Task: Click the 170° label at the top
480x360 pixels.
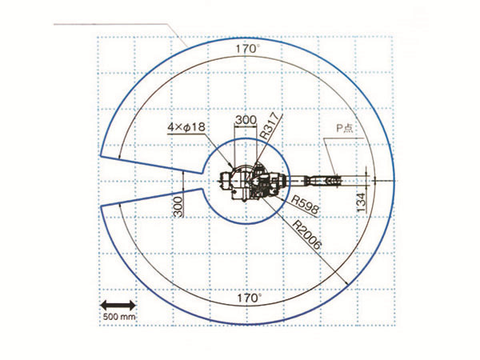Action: point(248,49)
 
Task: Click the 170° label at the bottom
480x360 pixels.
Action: point(249,298)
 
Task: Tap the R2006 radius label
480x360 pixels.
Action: point(307,235)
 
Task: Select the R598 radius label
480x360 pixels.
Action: point(305,206)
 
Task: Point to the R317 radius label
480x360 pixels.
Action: point(270,127)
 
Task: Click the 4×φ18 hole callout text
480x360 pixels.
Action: point(186,126)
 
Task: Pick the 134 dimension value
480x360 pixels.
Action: point(362,202)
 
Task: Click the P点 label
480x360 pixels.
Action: point(345,128)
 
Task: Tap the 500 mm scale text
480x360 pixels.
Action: point(119,317)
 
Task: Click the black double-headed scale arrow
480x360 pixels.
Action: point(118,306)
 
